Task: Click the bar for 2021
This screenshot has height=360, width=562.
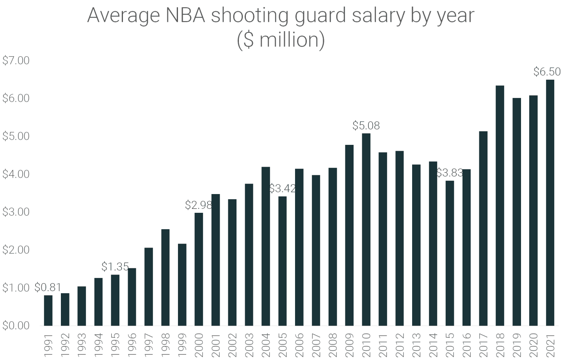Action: (x=550, y=203)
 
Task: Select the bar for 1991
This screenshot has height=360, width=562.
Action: (x=48, y=310)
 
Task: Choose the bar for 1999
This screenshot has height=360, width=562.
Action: (x=182, y=285)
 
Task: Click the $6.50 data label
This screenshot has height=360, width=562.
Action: (x=547, y=72)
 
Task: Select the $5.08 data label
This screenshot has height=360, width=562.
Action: (x=366, y=126)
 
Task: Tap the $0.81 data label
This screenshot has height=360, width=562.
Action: (x=48, y=288)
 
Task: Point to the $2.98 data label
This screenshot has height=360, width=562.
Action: (x=198, y=205)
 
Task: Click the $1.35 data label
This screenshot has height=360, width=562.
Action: (x=115, y=267)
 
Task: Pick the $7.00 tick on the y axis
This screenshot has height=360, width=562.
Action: (x=16, y=61)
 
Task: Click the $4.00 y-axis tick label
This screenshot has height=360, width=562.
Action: (x=16, y=174)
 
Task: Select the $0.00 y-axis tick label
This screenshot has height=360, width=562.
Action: (x=16, y=326)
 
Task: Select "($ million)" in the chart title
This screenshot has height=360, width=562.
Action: (x=281, y=40)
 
